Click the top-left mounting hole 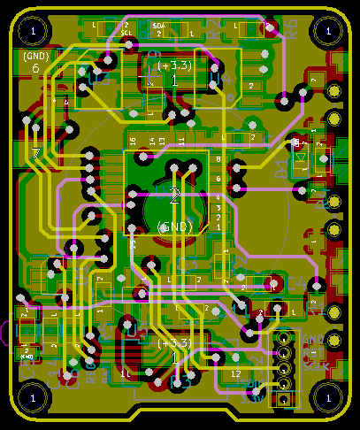pos(33,32)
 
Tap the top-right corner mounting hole pos(326,32)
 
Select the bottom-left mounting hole pos(33,395)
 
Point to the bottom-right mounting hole pos(326,395)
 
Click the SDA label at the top pos(159,26)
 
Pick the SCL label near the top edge pos(126,32)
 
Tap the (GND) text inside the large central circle pos(174,227)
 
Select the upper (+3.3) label pos(174,66)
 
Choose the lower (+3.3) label pos(174,343)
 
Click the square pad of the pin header pos(284,399)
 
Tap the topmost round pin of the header pos(284,337)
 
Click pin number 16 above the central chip pos(134,142)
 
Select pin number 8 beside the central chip pos(218,157)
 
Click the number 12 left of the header pos(234,374)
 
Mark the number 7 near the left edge pos(36,155)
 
